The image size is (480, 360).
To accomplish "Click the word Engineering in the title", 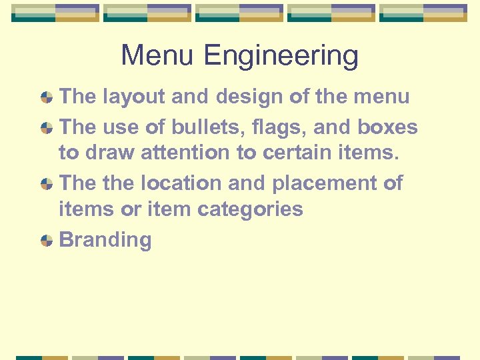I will [x=281, y=57].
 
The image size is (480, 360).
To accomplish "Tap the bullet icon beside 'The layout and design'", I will [x=47, y=97].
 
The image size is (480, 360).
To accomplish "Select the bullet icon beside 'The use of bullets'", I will [x=47, y=128].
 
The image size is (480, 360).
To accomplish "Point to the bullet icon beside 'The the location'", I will [x=47, y=184].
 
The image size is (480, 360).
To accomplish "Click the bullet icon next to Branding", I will [x=47, y=241].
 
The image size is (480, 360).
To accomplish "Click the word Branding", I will [x=105, y=240].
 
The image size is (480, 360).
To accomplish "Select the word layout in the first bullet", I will [x=134, y=97].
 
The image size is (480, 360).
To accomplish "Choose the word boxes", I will [x=387, y=127].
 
